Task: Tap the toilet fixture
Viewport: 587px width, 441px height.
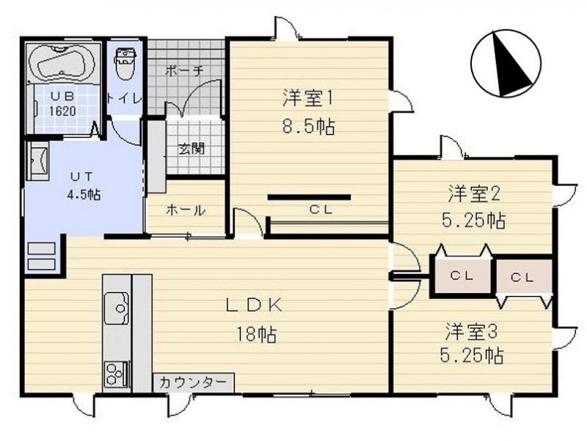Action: tap(125, 64)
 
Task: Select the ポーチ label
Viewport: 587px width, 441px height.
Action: tap(184, 71)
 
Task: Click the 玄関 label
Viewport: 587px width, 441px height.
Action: tap(192, 149)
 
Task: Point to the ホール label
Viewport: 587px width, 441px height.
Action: tap(186, 210)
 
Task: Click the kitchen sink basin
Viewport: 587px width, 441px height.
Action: tap(117, 308)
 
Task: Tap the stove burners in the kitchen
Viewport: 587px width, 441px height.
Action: tap(117, 374)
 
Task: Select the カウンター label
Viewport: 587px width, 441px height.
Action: tap(193, 382)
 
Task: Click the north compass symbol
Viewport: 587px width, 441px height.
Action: tap(506, 64)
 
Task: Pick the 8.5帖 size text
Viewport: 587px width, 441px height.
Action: tap(308, 126)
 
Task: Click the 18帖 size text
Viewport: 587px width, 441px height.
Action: tap(256, 334)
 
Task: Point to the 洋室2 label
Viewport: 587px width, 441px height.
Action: tap(474, 194)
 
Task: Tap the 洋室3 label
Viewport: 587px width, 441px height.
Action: tap(471, 331)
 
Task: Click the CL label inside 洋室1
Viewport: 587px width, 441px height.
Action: tap(321, 210)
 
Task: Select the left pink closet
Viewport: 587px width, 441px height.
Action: tap(462, 275)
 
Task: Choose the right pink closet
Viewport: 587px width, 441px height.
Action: tap(524, 276)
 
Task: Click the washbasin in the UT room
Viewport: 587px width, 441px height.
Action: tap(37, 160)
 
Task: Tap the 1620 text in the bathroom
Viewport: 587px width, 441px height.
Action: tap(62, 111)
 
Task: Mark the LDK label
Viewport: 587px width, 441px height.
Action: tap(254, 305)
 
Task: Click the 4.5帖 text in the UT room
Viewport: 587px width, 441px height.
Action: tap(84, 194)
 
